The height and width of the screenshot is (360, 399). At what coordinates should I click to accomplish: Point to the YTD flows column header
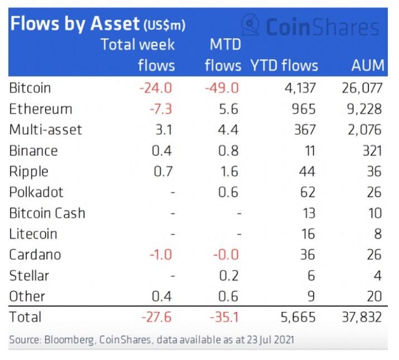pyautogui.click(x=284, y=65)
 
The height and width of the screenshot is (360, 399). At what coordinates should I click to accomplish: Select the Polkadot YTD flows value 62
pyautogui.click(x=308, y=192)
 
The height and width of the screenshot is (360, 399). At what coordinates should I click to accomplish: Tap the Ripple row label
pyautogui.click(x=29, y=172)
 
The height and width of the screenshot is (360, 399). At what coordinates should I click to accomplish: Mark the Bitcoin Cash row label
pyautogui.click(x=47, y=213)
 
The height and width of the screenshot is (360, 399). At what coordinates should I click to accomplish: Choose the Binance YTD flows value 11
pyautogui.click(x=309, y=150)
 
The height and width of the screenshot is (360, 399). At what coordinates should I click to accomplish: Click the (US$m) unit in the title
pyautogui.click(x=165, y=26)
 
